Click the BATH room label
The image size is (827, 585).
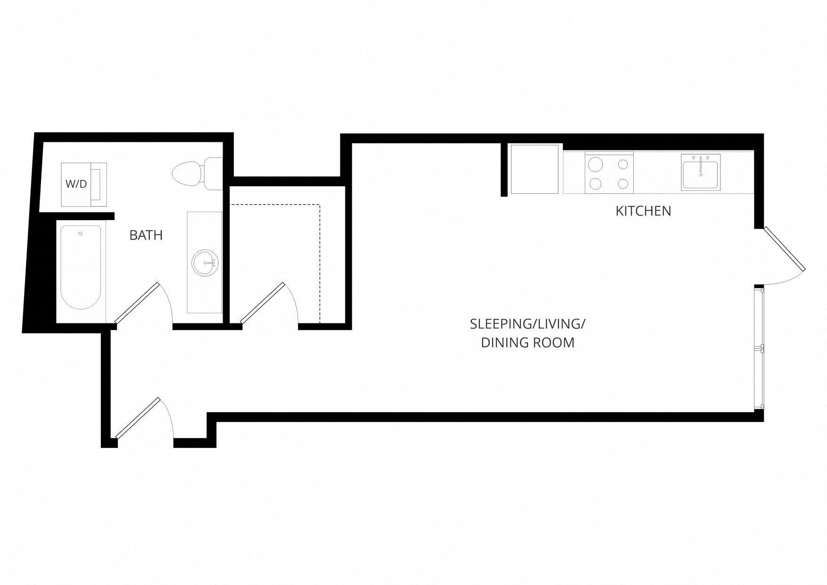pyautogui.click(x=146, y=235)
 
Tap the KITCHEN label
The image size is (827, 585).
pyautogui.click(x=643, y=211)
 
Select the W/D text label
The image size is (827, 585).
pyautogui.click(x=76, y=184)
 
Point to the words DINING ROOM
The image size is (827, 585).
pyautogui.click(x=527, y=343)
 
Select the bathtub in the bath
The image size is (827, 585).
pyautogui.click(x=81, y=267)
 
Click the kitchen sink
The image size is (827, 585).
pyautogui.click(x=701, y=174)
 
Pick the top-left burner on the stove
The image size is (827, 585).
pyautogui.click(x=595, y=165)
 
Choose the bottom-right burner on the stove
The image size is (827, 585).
pyautogui.click(x=623, y=183)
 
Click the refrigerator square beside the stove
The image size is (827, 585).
pyautogui.click(x=535, y=169)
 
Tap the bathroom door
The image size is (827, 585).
pyautogui.click(x=137, y=303)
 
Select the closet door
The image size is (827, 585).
pyautogui.click(x=263, y=303)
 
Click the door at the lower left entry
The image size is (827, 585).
pyautogui.click(x=138, y=418)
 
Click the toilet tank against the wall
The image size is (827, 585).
pyautogui.click(x=214, y=174)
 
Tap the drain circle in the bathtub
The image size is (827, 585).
pyautogui.click(x=81, y=233)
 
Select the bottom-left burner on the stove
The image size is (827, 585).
pyautogui.click(x=595, y=183)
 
